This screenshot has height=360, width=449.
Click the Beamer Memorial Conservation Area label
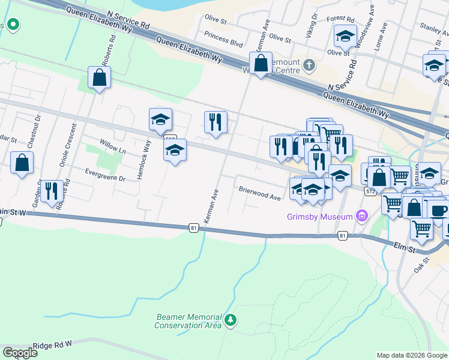tap(188, 321)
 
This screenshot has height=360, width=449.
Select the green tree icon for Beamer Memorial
tap(230, 321)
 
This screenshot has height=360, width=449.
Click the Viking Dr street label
tap(310, 26)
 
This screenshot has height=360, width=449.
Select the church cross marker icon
tap(309, 65)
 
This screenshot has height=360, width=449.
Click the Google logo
tap(20, 353)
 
